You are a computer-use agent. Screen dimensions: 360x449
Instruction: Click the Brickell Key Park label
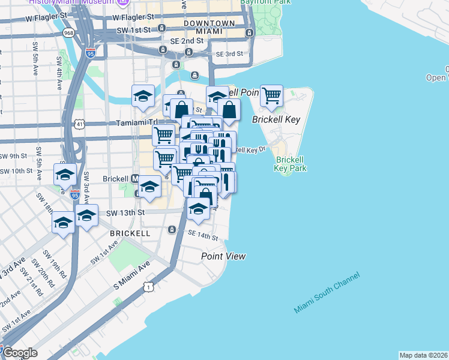click(x=291, y=164)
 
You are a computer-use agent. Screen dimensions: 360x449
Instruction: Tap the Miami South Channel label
click(x=327, y=292)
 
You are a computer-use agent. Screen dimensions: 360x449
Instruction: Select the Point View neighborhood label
click(x=223, y=256)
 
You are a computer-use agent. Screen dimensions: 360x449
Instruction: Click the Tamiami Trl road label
click(x=135, y=122)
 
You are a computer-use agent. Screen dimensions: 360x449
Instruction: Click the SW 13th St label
click(x=126, y=212)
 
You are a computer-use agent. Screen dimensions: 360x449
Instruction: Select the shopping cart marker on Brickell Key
click(x=271, y=94)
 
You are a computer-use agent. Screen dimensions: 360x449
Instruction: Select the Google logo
click(x=19, y=352)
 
